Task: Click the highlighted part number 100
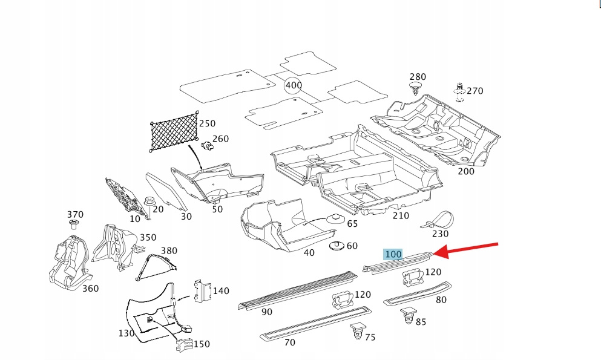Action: (x=393, y=254)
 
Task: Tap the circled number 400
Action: (x=294, y=85)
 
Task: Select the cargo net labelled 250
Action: (x=174, y=134)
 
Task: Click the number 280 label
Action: (x=418, y=77)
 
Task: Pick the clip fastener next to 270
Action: (x=459, y=91)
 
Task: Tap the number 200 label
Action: (x=466, y=171)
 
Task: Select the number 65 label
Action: (x=352, y=224)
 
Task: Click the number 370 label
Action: (x=75, y=215)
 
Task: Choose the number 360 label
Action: (x=90, y=289)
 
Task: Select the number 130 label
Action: (x=126, y=333)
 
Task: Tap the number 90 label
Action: (x=266, y=312)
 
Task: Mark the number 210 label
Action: (x=401, y=216)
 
